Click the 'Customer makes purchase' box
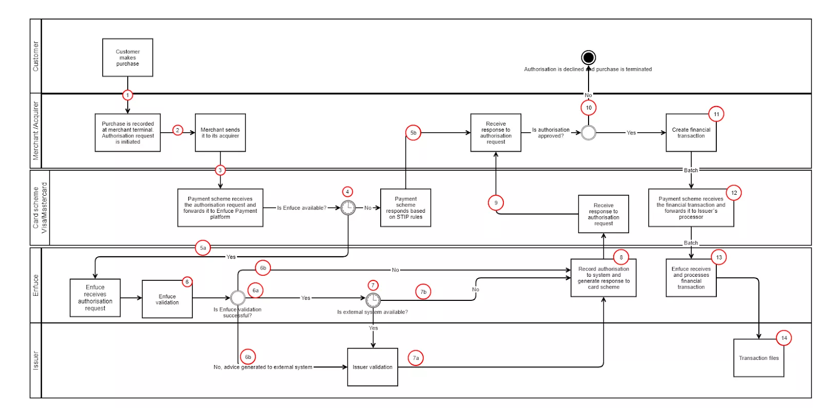point(127,57)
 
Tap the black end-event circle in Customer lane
point(588,57)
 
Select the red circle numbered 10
point(589,108)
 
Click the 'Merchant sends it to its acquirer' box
point(220,133)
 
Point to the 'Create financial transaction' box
point(691,133)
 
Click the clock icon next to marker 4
point(348,208)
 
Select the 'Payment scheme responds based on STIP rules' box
point(405,208)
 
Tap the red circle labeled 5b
point(413,133)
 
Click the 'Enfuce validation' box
point(167,299)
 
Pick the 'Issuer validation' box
point(373,367)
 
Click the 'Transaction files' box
point(758,358)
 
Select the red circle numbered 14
point(784,338)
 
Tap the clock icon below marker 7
point(373,299)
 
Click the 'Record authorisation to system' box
point(603,278)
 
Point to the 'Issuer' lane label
point(35,360)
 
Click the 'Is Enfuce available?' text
point(302,208)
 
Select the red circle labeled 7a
point(416,358)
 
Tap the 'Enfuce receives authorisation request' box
point(95,298)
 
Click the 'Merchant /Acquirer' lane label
point(35,131)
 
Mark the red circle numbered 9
point(496,202)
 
